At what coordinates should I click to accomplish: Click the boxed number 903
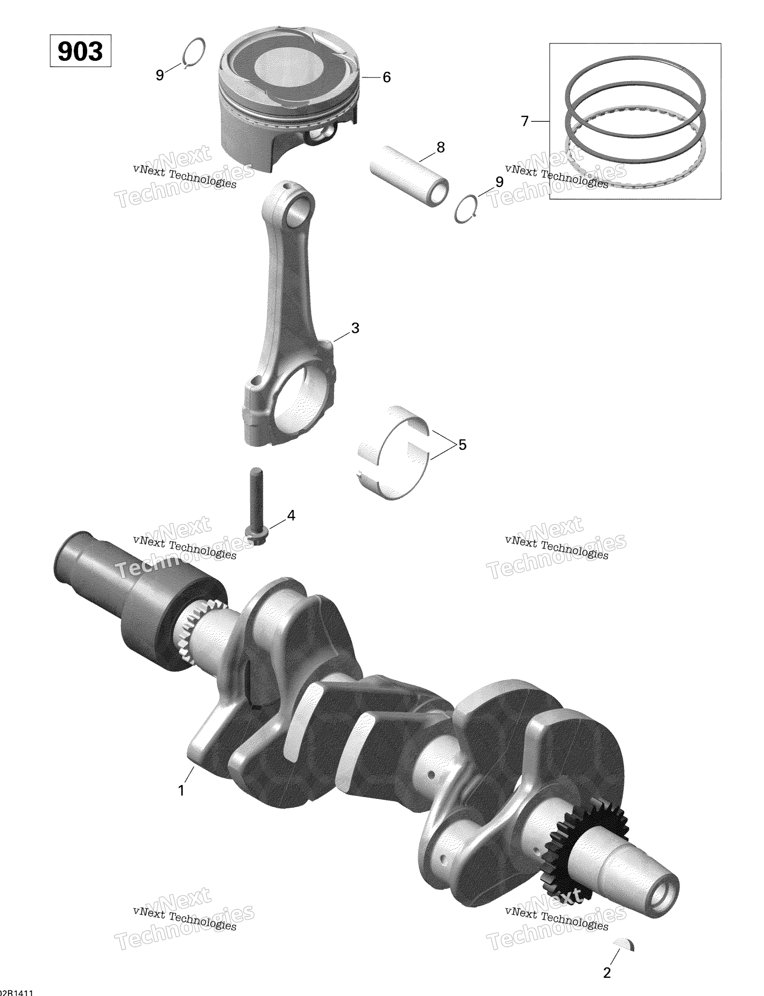click(80, 51)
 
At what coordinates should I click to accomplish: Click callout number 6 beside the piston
click(387, 78)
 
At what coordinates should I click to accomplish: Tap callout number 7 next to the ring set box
click(525, 121)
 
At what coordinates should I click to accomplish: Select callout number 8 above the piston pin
click(440, 147)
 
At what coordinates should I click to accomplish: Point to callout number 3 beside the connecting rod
click(355, 328)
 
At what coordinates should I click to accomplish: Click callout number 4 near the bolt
click(291, 515)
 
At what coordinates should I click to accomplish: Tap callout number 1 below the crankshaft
click(181, 791)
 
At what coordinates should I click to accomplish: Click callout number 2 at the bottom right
click(607, 973)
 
